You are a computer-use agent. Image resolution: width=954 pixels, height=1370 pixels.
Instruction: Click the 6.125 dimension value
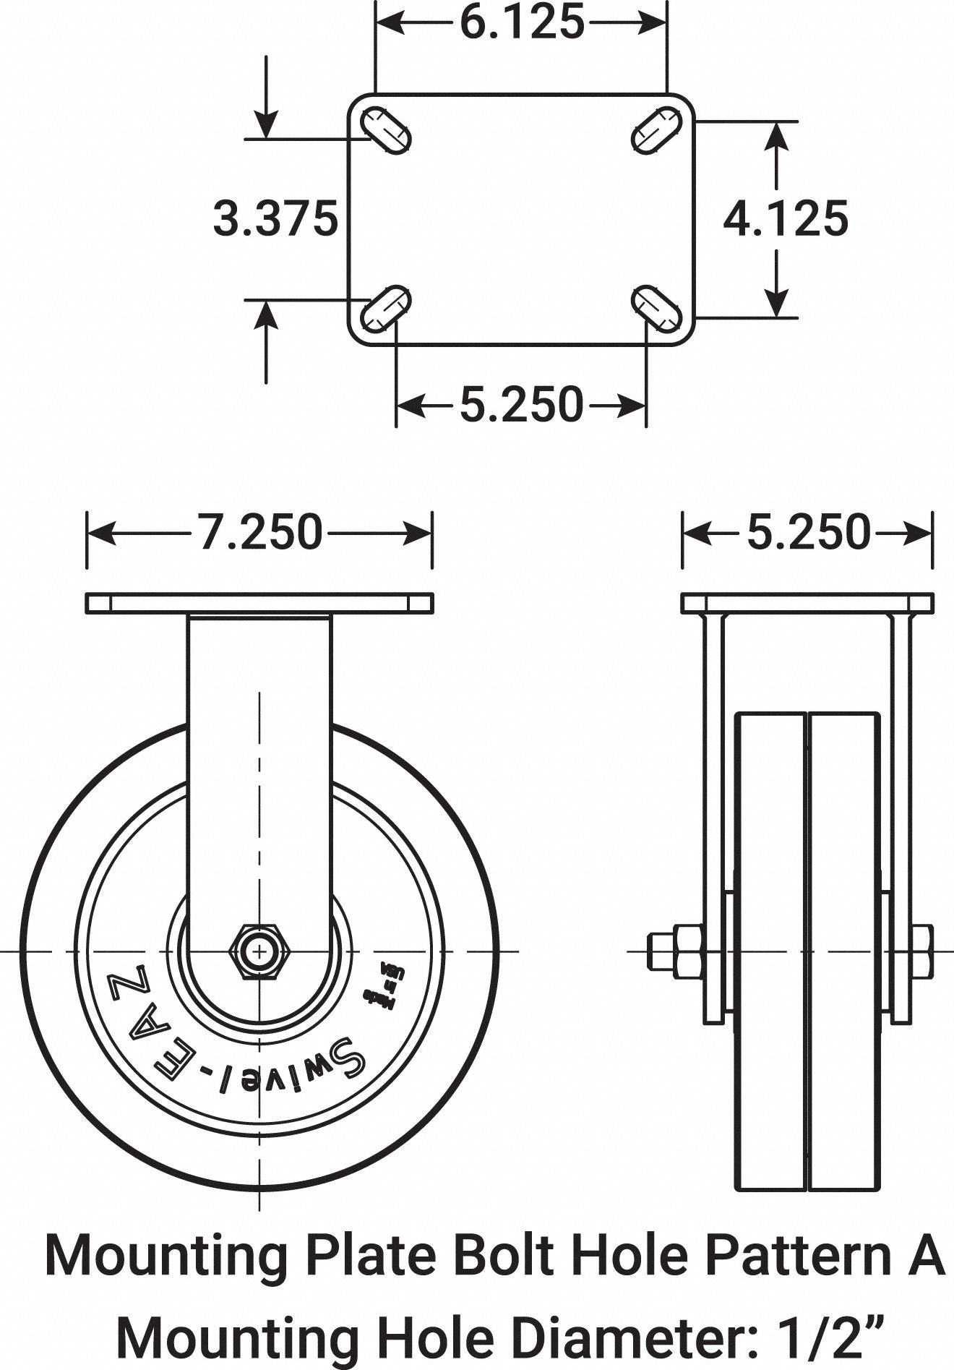(x=522, y=23)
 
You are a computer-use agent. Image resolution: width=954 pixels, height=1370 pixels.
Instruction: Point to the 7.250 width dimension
(x=260, y=533)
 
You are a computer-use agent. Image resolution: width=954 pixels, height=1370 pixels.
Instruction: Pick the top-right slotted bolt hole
(x=656, y=131)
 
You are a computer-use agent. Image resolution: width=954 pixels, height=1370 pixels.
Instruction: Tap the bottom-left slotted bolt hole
(x=386, y=309)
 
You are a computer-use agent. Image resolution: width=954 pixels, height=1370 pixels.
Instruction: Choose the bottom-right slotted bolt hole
(x=656, y=309)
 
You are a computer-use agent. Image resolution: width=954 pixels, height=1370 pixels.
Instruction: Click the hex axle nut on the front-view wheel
(x=259, y=951)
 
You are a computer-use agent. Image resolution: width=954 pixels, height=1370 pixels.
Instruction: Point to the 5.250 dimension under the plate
(x=521, y=404)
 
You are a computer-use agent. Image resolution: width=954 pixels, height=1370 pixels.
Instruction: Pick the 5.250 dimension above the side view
(x=809, y=533)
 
